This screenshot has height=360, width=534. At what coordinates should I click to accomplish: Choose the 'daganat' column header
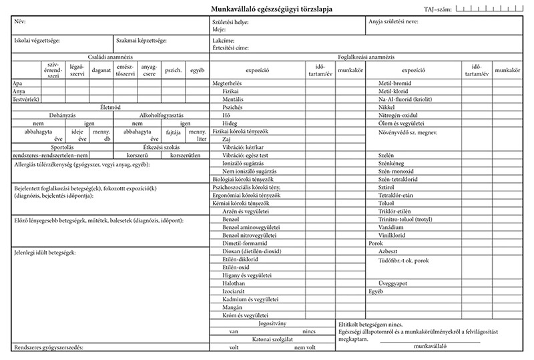click(101, 69)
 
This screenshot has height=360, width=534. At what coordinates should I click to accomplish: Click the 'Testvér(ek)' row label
click(27, 99)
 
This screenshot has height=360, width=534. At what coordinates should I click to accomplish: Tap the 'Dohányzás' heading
click(52, 116)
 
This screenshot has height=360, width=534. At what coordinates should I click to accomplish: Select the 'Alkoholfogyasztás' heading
click(158, 116)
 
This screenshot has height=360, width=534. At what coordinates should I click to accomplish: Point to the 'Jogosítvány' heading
click(272, 323)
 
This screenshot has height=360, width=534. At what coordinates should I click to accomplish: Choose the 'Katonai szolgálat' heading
click(271, 339)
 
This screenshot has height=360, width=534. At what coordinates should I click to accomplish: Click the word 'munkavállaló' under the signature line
click(430, 346)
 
